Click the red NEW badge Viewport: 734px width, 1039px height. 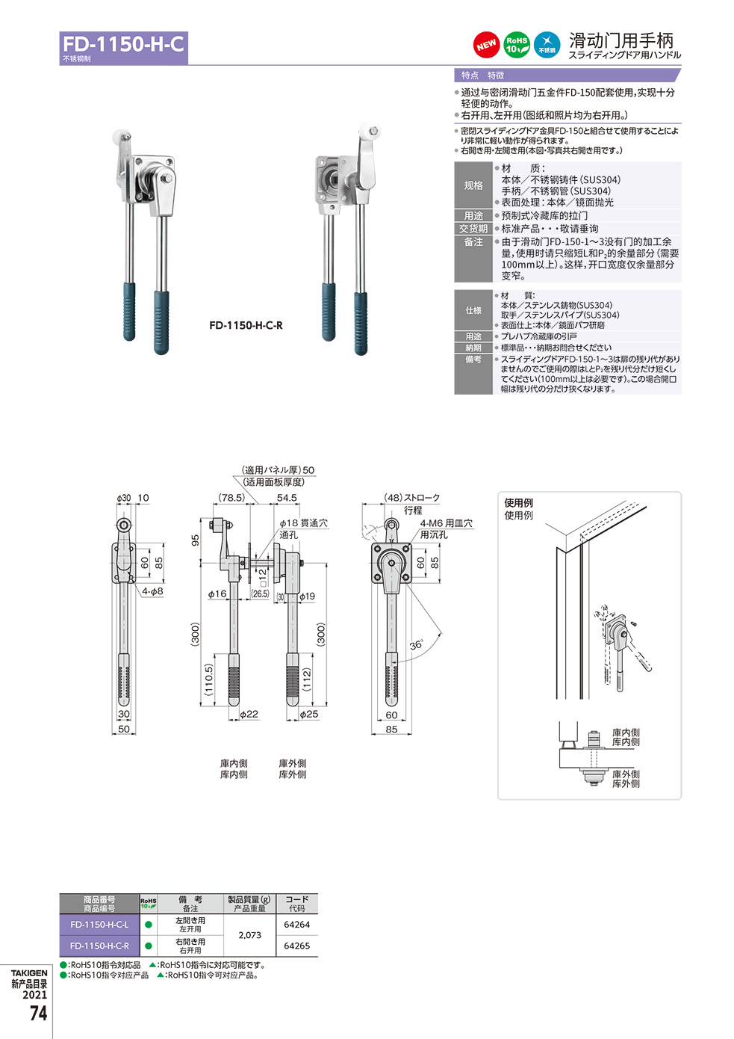[486, 45]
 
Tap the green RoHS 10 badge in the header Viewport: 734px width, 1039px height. [517, 45]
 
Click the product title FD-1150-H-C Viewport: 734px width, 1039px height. [123, 44]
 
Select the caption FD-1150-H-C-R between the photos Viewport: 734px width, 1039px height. [246, 325]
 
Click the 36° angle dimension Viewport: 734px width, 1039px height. [416, 645]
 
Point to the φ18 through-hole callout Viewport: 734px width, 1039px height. [303, 523]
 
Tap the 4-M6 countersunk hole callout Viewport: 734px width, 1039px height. [446, 523]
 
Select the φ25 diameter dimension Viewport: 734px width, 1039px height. [308, 715]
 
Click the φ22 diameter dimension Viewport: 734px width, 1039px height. [248, 715]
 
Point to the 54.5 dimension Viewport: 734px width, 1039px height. [287, 498]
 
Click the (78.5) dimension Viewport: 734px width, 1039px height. [231, 498]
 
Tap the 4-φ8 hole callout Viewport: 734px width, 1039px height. [152, 591]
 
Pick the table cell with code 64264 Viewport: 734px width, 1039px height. [296, 925]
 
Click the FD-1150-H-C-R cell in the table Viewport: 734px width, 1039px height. [99, 946]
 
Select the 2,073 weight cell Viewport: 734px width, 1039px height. [249, 935]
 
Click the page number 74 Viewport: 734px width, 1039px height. [38, 1014]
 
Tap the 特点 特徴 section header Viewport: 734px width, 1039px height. [482, 75]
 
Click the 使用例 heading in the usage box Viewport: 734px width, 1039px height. [518, 503]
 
